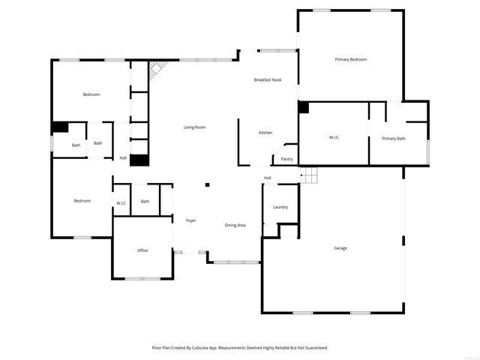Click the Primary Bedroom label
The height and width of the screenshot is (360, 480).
pyautogui.click(x=350, y=59)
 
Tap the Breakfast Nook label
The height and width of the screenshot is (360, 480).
pyautogui.click(x=267, y=79)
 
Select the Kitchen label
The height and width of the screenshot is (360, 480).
pyautogui.click(x=265, y=133)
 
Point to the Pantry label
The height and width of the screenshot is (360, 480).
pyautogui.click(x=286, y=159)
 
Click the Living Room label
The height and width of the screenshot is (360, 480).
pyautogui.click(x=194, y=127)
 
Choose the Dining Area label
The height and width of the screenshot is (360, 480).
pyautogui.click(x=235, y=225)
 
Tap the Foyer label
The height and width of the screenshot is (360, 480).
pyautogui.click(x=191, y=220)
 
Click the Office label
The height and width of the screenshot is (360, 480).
pyautogui.click(x=142, y=250)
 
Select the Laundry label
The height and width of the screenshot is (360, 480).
pyautogui.click(x=280, y=207)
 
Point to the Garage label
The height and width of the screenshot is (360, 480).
pyautogui.click(x=340, y=247)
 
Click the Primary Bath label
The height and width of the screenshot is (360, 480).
pyautogui.click(x=393, y=138)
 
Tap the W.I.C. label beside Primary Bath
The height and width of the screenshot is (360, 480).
pyautogui.click(x=334, y=137)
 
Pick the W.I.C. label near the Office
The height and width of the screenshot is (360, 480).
pyautogui.click(x=121, y=203)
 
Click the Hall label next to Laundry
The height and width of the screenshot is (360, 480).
pyautogui.click(x=267, y=178)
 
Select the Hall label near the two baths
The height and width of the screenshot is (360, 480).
pyautogui.click(x=123, y=157)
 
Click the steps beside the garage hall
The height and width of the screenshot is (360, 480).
pyautogui.click(x=310, y=175)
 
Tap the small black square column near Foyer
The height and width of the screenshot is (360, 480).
pyautogui.click(x=208, y=185)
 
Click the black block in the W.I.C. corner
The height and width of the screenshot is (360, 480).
pyautogui.click(x=303, y=107)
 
